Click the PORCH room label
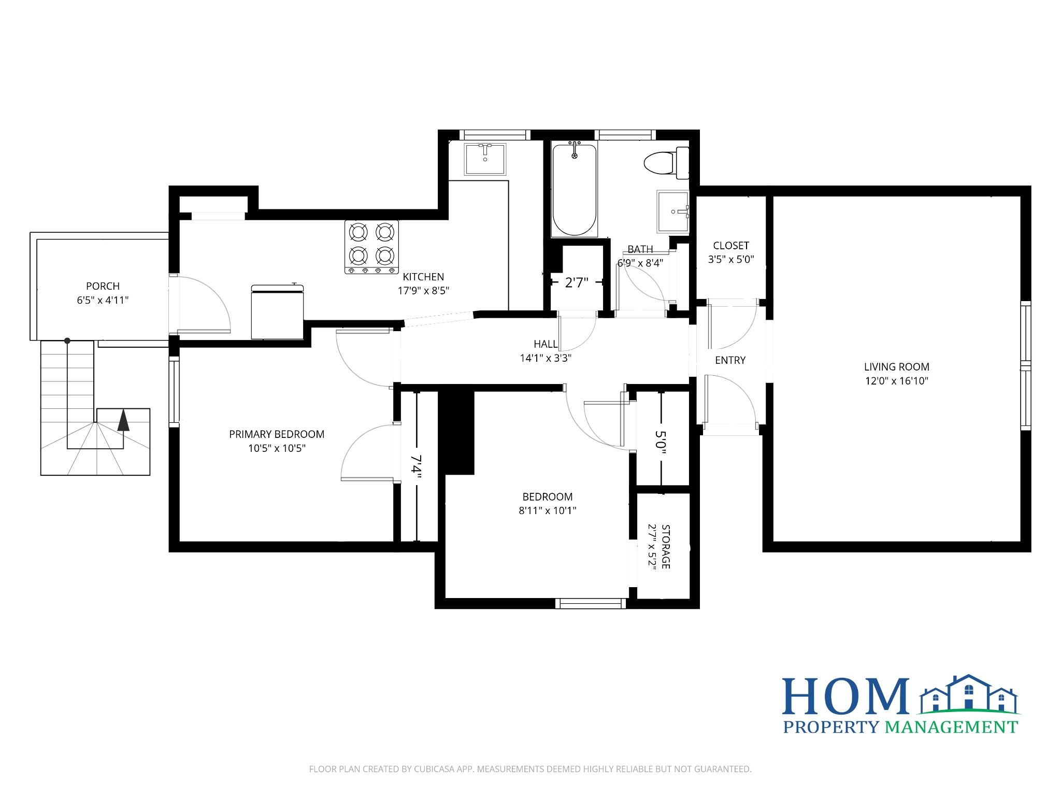[x=103, y=286]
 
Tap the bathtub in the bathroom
[x=574, y=189]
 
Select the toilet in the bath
[x=666, y=162]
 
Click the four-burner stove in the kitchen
[x=371, y=247]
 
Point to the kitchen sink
[x=485, y=159]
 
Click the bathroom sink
[x=673, y=211]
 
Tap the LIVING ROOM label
[x=896, y=367]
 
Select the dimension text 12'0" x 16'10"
[x=896, y=381]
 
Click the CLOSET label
[x=731, y=246]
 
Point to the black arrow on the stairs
[x=123, y=420]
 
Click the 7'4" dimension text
[x=416, y=467]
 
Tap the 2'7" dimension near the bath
[x=577, y=282]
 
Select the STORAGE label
[x=666, y=547]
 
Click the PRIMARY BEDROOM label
[x=277, y=434]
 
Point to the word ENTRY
[x=730, y=360]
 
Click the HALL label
[x=546, y=344]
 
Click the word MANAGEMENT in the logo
[x=951, y=727]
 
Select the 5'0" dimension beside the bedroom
[x=661, y=442]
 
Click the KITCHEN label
[x=423, y=277]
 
